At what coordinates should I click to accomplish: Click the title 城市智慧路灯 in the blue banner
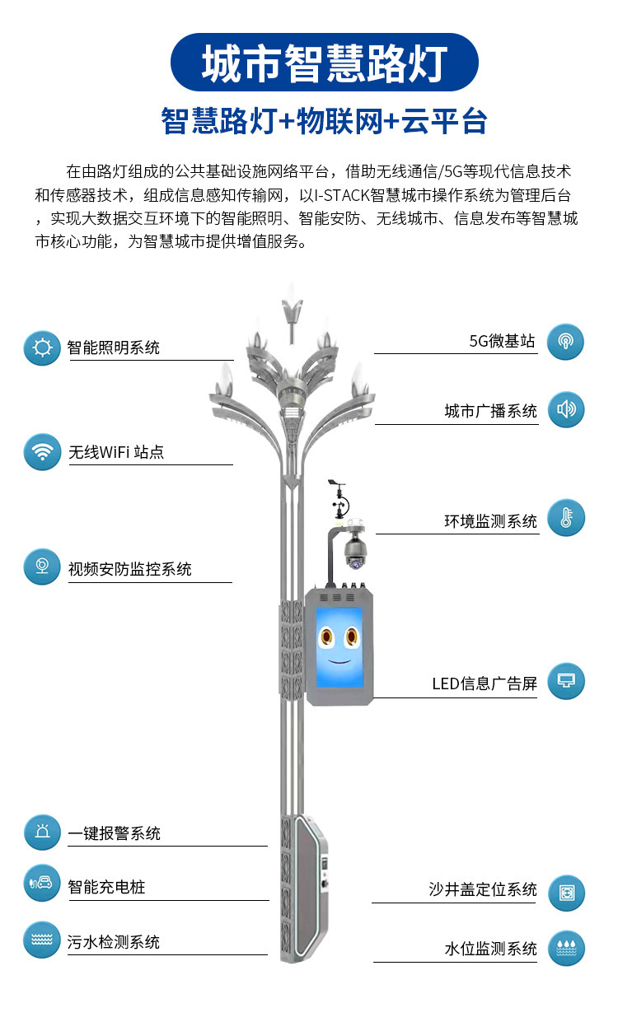click(324, 63)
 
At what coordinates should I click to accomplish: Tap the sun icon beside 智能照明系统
click(42, 348)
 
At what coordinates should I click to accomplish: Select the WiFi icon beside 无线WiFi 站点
click(42, 452)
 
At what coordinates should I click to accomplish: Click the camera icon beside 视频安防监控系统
click(42, 567)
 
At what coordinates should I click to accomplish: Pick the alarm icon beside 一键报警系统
click(42, 833)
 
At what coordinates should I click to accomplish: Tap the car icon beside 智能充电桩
click(42, 884)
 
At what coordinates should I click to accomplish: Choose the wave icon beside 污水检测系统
click(42, 940)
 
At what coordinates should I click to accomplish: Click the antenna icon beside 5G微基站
click(566, 342)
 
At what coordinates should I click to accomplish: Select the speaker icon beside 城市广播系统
click(566, 409)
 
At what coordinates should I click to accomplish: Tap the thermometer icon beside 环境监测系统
click(566, 518)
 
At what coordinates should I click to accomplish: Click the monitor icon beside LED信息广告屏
click(566, 681)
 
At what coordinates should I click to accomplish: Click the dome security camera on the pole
click(355, 551)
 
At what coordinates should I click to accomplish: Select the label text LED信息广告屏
click(485, 683)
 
